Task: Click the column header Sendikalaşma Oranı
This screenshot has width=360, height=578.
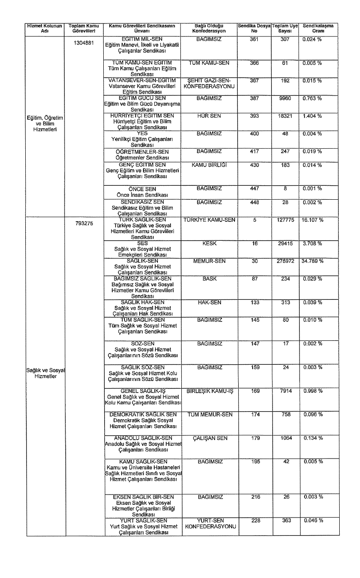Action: (x=318, y=28)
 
